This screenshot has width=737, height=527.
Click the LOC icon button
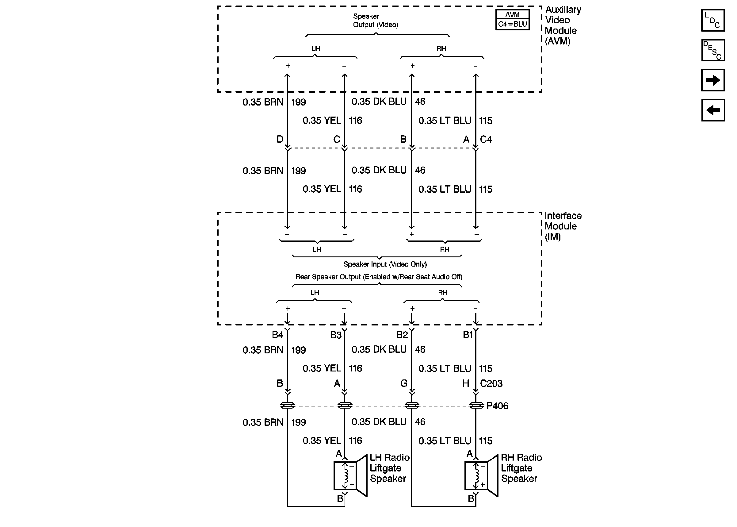713,20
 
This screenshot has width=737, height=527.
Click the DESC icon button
713,50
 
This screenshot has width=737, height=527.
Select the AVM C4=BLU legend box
512,19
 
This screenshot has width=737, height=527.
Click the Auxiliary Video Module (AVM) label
563,25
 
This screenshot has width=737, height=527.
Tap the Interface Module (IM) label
563,226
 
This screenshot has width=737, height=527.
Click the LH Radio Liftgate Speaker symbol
350,475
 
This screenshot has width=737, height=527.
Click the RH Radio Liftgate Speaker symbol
481,475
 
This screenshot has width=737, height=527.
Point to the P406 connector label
497,406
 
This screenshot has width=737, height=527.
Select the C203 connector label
491,383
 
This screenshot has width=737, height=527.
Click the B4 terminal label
277,335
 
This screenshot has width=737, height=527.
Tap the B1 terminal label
468,335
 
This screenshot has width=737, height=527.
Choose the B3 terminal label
336,335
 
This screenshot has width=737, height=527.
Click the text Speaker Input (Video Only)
385,264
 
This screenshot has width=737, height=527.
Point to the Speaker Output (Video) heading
375,21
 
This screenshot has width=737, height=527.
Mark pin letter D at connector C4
280,139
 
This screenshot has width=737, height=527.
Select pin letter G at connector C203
404,383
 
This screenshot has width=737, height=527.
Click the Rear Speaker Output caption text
379,277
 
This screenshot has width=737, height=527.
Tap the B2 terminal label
402,335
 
